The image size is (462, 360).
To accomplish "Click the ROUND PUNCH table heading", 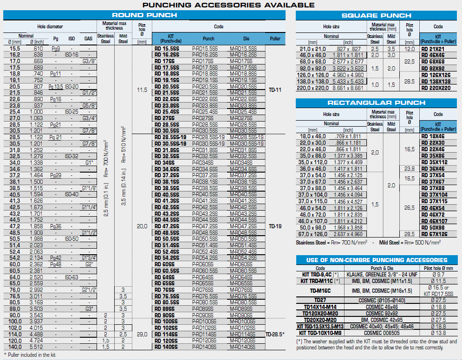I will click(144, 15).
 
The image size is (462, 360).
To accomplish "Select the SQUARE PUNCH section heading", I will click(376, 15).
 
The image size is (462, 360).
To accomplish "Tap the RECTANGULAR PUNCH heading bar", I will click(376, 103).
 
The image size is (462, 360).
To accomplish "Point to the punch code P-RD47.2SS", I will click(205, 226).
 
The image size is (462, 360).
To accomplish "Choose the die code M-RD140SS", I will click(243, 347).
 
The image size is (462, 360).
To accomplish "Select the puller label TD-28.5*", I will click(275, 334).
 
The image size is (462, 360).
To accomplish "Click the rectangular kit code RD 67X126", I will click(436, 234).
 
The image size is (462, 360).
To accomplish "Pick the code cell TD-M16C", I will click(320, 291).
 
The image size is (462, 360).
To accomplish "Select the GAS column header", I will click(88, 39).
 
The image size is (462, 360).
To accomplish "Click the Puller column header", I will click(275, 39).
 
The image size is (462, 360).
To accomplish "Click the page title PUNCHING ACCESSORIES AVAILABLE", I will click(228, 5).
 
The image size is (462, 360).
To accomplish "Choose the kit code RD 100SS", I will click(167, 321).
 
